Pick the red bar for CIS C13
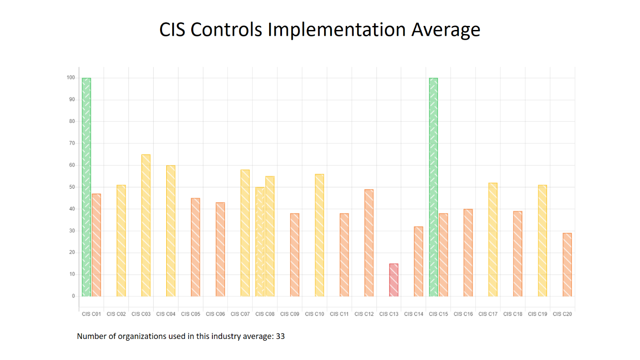click(394, 280)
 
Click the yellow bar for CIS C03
click(146, 225)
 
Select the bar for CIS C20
click(567, 265)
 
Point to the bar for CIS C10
click(319, 235)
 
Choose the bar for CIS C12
click(369, 243)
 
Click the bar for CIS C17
click(493, 240)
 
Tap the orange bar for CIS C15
click(443, 255)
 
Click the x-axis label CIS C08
click(265, 314)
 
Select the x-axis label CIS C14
click(413, 314)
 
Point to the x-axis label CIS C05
click(190, 314)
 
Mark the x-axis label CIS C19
click(537, 314)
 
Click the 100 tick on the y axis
click(71, 78)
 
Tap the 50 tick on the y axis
click(72, 187)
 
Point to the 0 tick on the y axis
click(73, 296)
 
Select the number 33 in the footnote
click(280, 336)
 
